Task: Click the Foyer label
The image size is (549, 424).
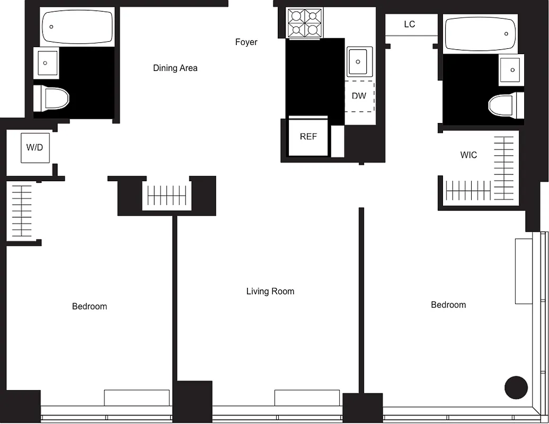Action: pos(246,42)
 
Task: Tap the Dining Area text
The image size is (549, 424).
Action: pos(175,68)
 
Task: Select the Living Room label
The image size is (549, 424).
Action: pos(270,291)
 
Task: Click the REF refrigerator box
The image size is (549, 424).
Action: pos(308,137)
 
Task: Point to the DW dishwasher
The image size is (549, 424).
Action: pos(359,96)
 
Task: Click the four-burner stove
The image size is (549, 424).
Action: pos(305,23)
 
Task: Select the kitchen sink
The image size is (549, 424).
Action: pos(360,61)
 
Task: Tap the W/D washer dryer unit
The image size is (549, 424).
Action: pos(35,147)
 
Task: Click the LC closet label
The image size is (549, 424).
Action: pos(409,24)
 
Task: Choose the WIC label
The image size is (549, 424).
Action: pos(468,155)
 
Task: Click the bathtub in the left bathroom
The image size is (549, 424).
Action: pos(77,27)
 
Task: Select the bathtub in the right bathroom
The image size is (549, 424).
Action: pos(480,34)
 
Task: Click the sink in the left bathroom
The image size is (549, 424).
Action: pos(46,63)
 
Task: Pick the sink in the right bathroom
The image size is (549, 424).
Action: pos(511,69)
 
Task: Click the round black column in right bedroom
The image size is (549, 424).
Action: pos(516,387)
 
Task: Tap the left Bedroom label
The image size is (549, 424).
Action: pos(89,306)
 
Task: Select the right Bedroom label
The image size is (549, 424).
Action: pos(448,305)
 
